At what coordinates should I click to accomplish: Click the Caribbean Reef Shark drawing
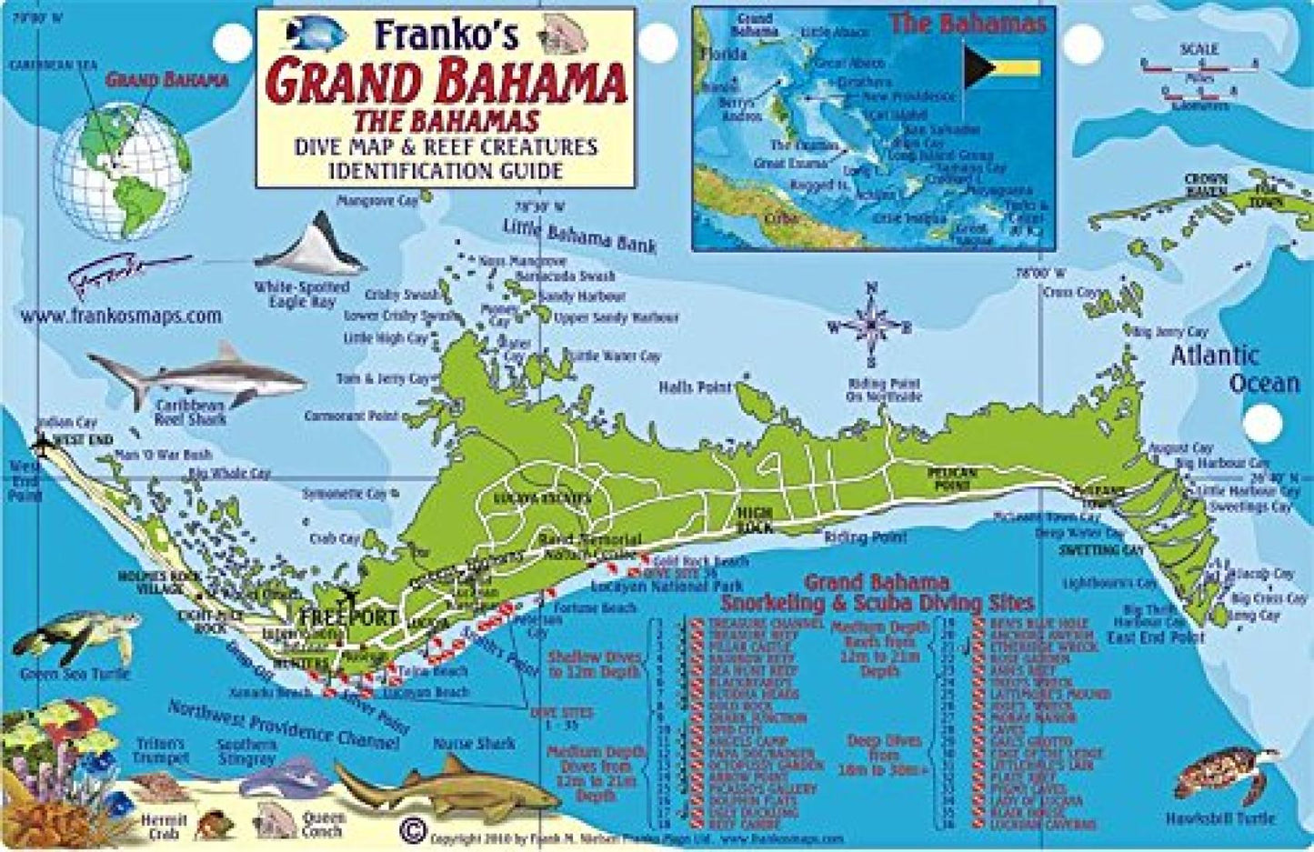[196, 373]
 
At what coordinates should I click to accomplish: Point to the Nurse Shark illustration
[427, 787]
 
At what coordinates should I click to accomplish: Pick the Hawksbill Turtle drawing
[1226, 777]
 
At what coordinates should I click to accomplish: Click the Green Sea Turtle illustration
[73, 636]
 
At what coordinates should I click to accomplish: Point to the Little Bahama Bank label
[578, 236]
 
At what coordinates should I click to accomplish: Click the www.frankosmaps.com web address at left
[119, 316]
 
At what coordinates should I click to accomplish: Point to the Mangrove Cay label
[377, 201]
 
